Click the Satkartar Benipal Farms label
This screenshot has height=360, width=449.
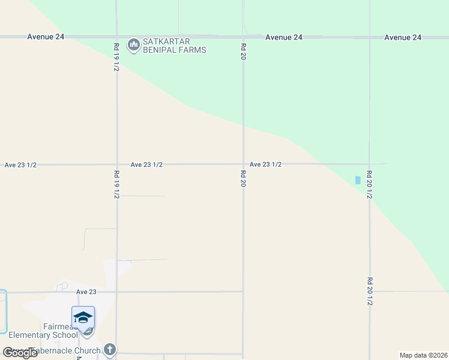pyautogui.click(x=174, y=46)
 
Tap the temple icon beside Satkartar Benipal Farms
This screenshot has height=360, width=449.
pyautogui.click(x=133, y=44)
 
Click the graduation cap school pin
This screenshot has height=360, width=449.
pyautogui.click(x=83, y=317)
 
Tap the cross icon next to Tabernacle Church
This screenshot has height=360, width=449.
pyautogui.click(x=109, y=349)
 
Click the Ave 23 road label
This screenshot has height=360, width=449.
pyautogui.click(x=86, y=292)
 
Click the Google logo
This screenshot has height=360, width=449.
pyautogui.click(x=20, y=352)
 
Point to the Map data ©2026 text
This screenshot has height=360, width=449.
pyautogui.click(x=424, y=355)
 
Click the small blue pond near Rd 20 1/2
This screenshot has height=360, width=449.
pyautogui.click(x=358, y=180)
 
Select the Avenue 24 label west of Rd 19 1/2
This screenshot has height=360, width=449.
pyautogui.click(x=46, y=37)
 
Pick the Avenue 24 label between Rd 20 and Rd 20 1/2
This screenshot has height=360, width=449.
pyautogui.click(x=284, y=37)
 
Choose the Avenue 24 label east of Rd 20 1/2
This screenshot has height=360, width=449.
pyautogui.click(x=403, y=37)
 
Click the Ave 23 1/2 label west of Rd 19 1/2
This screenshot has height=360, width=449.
pyautogui.click(x=20, y=164)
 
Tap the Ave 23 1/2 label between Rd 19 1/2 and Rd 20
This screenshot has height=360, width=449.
pyautogui.click(x=146, y=164)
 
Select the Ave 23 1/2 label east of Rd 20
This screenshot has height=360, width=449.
pyautogui.click(x=265, y=164)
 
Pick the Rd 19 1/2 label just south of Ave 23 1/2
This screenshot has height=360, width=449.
pyautogui.click(x=116, y=184)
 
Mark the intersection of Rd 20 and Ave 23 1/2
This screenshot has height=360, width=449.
pyautogui.click(x=243, y=164)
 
